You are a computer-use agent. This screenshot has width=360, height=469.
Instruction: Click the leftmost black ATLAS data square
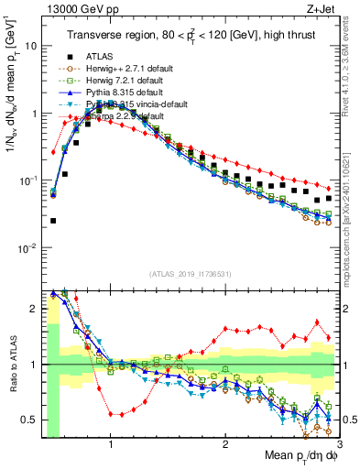click(53, 221)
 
